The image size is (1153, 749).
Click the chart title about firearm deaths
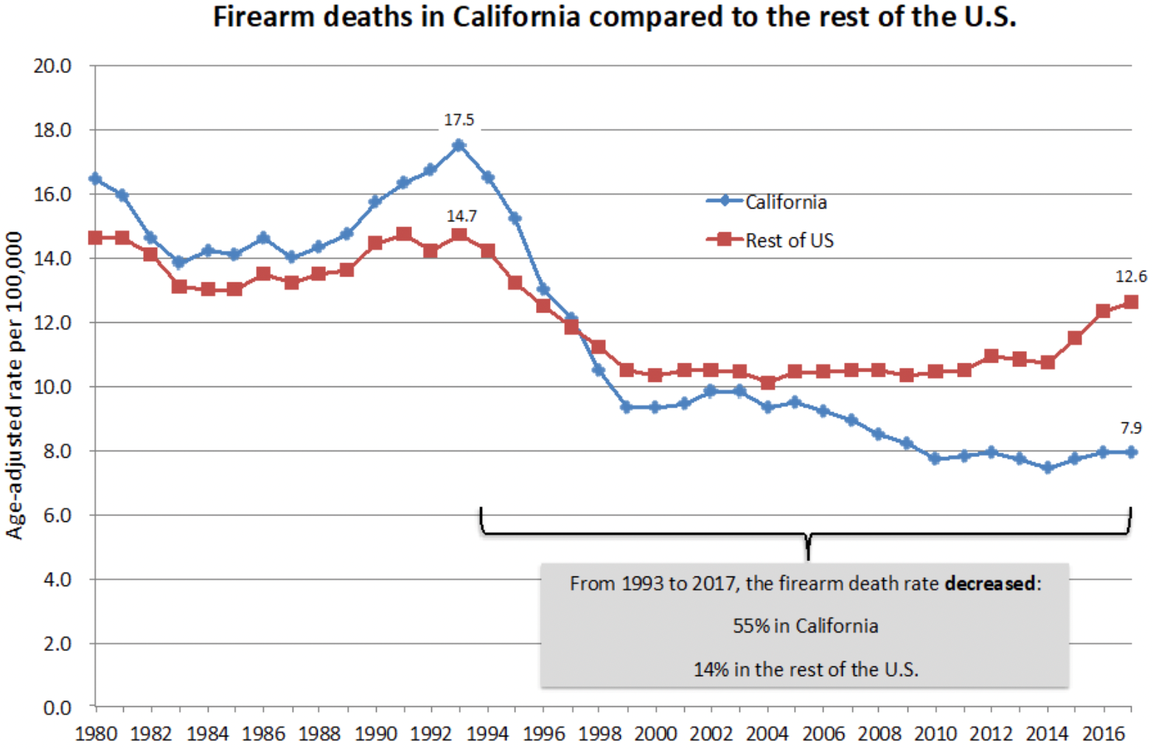click(614, 17)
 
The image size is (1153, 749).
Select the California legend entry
click(785, 202)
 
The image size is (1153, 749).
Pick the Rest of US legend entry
click(789, 240)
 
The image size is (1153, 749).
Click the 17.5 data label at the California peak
click(459, 120)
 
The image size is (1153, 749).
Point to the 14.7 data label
click(461, 216)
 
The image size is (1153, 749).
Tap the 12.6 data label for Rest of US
click(1130, 276)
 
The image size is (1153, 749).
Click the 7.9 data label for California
click(1131, 428)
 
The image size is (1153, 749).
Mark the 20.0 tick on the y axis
click(52, 66)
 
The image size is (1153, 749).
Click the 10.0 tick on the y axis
click(52, 387)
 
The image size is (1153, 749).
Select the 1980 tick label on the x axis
click(96, 734)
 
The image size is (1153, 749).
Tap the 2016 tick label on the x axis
click(1103, 734)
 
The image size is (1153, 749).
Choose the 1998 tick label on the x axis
click(599, 734)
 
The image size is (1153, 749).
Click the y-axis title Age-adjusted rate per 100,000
click(15, 386)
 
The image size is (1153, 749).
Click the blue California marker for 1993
click(459, 145)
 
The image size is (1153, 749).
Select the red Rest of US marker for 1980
click(95, 237)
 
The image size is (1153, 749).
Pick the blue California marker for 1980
click(95, 178)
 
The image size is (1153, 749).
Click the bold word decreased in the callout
click(990, 584)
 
